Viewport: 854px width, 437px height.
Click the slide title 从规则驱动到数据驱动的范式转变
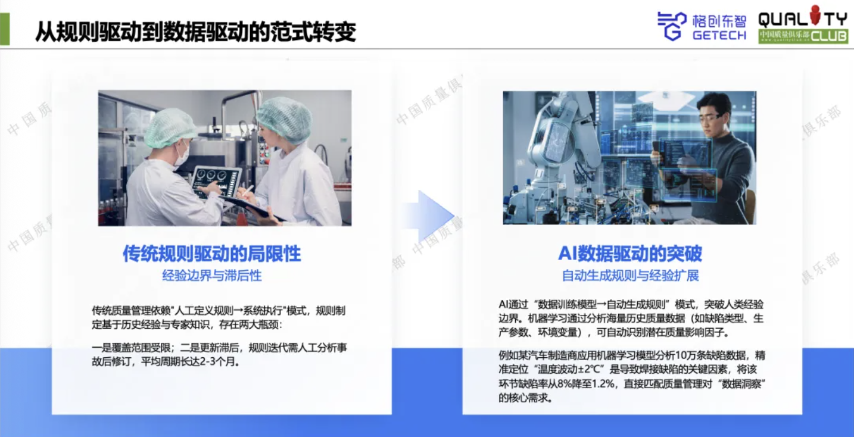[x=195, y=32]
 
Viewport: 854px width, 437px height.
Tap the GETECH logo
[x=702, y=26]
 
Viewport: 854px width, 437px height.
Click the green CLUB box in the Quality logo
[x=803, y=36]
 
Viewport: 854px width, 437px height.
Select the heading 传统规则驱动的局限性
[x=211, y=254]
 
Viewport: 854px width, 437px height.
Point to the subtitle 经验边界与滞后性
[x=212, y=276]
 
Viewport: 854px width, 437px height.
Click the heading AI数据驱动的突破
[x=630, y=254]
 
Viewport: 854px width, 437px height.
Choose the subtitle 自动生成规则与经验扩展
[x=631, y=276]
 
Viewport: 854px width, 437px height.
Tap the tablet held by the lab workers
[x=216, y=183]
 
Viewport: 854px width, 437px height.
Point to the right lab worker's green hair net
[x=285, y=118]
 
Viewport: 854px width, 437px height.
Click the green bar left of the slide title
[x=5, y=29]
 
